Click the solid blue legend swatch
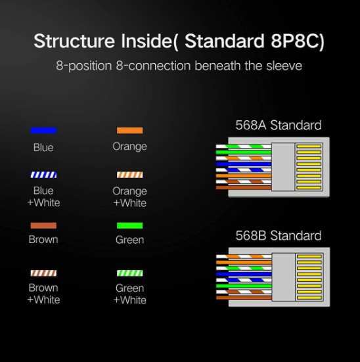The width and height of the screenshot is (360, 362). point(43,131)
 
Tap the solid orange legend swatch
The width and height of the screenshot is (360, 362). point(130,131)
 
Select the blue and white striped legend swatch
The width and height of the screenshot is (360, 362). point(43,175)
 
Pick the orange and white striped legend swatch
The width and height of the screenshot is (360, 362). point(130,175)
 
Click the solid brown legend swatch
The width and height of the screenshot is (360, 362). point(43,225)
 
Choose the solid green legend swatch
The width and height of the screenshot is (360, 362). point(130,225)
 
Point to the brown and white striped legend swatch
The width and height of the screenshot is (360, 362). point(43,273)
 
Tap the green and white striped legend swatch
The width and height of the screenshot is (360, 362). point(130,273)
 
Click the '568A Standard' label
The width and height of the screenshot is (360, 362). point(279,125)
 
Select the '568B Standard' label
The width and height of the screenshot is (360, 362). point(279,235)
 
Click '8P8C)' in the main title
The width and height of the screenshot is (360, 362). point(298,41)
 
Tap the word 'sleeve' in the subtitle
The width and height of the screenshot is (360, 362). point(284,66)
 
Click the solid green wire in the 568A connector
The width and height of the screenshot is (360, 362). point(244,152)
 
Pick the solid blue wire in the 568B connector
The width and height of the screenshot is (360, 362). point(244,274)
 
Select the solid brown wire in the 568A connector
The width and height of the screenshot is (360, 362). point(244,188)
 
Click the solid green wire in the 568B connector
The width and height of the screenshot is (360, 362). point(244,286)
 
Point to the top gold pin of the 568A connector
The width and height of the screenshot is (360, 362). point(309,147)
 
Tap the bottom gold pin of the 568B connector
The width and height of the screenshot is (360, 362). point(309,298)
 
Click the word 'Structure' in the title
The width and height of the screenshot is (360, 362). point(74,41)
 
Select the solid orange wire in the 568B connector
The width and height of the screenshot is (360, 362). point(244,263)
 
